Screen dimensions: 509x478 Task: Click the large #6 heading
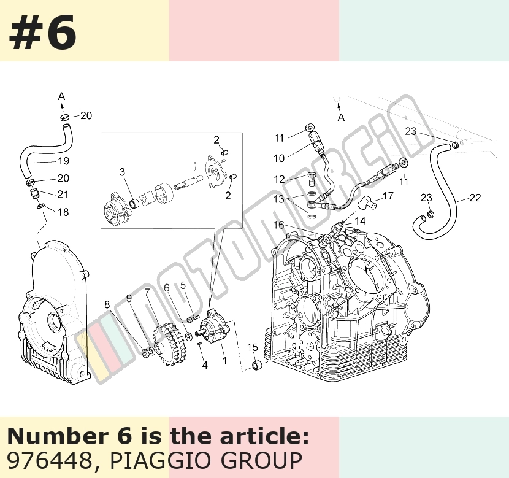pyautogui.click(x=43, y=33)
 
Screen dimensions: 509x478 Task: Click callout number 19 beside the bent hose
pyautogui.click(x=63, y=161)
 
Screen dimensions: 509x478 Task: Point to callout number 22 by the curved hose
pyautogui.click(x=475, y=198)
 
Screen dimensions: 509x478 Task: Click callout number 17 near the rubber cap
pyautogui.click(x=388, y=196)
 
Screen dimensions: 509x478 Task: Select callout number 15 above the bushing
pyautogui.click(x=253, y=347)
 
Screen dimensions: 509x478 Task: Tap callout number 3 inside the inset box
pyautogui.click(x=122, y=172)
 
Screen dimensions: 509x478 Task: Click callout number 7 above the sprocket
pyautogui.click(x=147, y=292)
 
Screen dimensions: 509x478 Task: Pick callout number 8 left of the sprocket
pyautogui.click(x=107, y=304)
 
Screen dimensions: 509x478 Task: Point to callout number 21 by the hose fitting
pyautogui.click(x=63, y=194)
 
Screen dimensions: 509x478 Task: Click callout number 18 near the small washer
pyautogui.click(x=63, y=212)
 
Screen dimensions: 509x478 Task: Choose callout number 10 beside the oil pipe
pyautogui.click(x=279, y=158)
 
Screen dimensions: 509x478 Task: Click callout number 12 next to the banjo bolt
pyautogui.click(x=279, y=179)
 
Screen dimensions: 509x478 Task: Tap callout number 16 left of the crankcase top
pyautogui.click(x=278, y=225)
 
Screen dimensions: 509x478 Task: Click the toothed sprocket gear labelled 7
pyautogui.click(x=170, y=344)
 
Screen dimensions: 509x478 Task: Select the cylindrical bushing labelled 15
pyautogui.click(x=258, y=366)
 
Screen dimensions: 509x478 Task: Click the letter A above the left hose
pyautogui.click(x=61, y=96)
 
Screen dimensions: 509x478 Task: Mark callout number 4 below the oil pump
pyautogui.click(x=205, y=365)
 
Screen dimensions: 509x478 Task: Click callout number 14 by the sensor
pyautogui.click(x=361, y=221)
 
